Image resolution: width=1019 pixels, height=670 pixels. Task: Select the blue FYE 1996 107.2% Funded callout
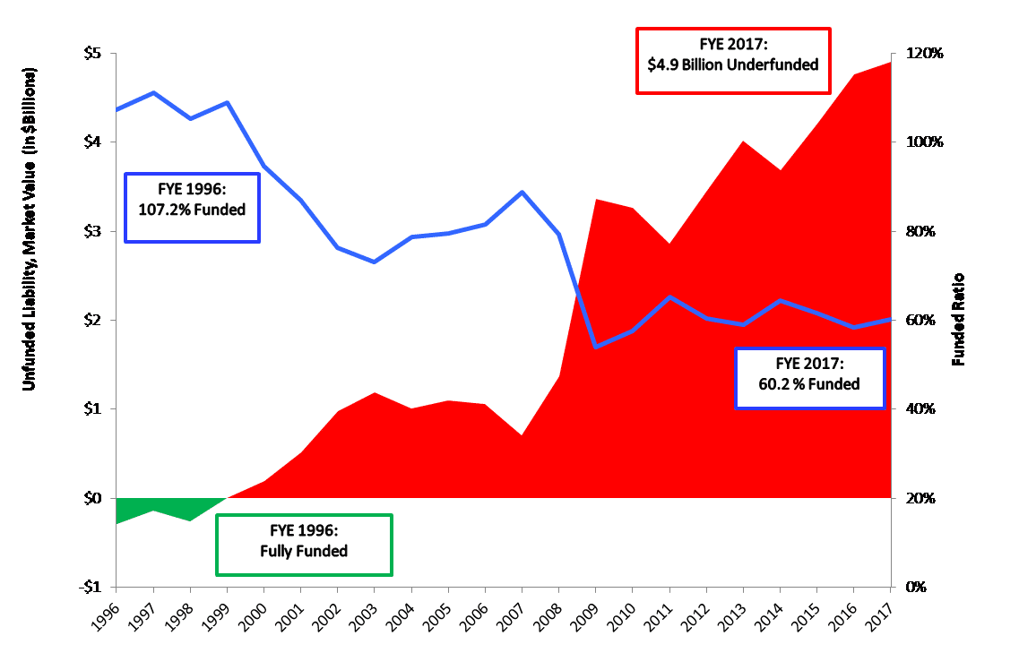[x=192, y=207]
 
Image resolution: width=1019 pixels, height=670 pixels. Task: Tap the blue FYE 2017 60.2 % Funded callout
[x=810, y=378]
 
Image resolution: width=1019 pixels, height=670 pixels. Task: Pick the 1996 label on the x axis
[x=106, y=616]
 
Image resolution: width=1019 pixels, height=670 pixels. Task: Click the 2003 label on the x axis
[x=365, y=616]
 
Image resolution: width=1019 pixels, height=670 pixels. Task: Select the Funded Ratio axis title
[x=958, y=320]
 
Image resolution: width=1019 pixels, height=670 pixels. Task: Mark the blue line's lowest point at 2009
[x=596, y=347]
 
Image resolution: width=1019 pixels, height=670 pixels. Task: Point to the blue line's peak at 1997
[x=154, y=92]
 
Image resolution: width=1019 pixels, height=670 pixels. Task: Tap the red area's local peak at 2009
[x=596, y=200]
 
